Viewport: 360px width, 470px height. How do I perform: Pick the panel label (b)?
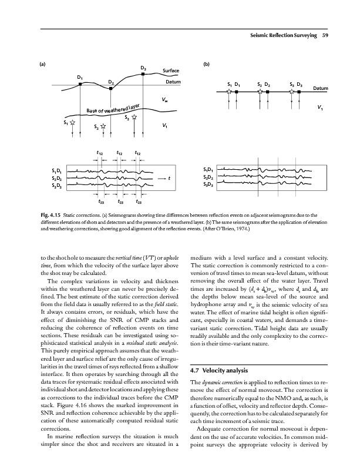[x=206, y=64]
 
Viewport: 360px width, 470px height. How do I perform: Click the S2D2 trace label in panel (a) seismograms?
[x=57, y=178]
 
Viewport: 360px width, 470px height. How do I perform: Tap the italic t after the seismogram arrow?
[x=170, y=178]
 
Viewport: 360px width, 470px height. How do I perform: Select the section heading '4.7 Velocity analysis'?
[x=223, y=354]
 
